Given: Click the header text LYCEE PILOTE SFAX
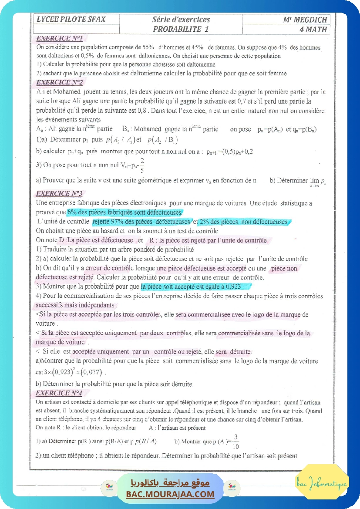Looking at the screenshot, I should tap(71, 20).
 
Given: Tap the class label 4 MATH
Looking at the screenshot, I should tap(313, 30).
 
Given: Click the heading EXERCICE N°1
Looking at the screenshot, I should tap(59, 38).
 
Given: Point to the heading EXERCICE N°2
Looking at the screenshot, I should tap(60, 82).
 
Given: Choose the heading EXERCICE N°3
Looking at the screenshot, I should tap(59, 193).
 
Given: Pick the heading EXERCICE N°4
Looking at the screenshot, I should tap(59, 393).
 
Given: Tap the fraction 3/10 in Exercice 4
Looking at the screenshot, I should tap(236, 442).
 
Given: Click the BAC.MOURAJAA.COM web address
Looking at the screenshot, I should tap(170, 494).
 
